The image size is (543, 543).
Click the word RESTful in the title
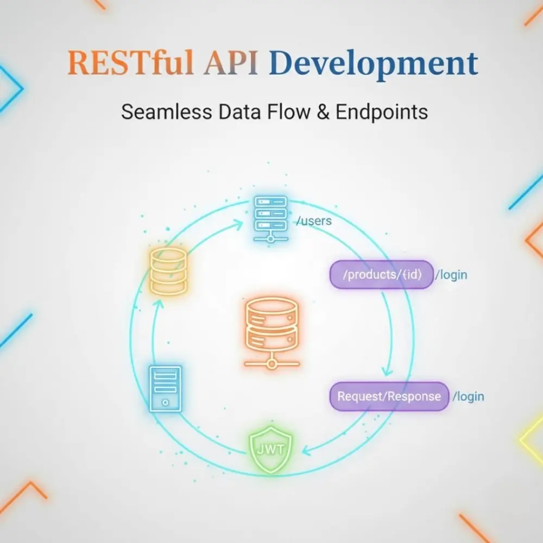click(130, 62)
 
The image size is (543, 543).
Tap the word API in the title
click(231, 62)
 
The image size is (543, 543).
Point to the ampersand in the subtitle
click(323, 112)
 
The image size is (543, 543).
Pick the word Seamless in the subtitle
click(167, 112)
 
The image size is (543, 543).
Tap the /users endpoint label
click(314, 220)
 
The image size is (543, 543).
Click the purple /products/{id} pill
click(381, 275)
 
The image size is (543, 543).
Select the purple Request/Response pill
click(389, 396)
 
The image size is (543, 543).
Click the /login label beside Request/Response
click(468, 396)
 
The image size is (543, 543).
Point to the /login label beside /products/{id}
click(451, 275)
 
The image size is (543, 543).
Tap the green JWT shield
click(271, 450)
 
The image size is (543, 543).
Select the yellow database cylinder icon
click(169, 271)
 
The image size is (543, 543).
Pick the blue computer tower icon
click(165, 389)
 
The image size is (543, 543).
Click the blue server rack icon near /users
click(270, 219)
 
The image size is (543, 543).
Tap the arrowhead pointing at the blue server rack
click(239, 225)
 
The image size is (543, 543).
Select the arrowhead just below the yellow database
click(159, 304)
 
